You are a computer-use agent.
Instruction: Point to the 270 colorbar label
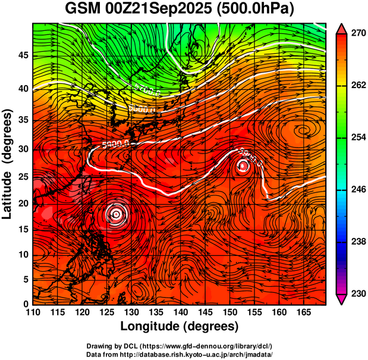[x=357, y=35]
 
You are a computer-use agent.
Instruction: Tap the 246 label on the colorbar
[x=357, y=190]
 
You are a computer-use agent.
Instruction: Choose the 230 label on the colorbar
[x=357, y=293]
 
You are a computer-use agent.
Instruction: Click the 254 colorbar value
[x=357, y=138]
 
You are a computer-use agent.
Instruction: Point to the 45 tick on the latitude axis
[x=22, y=55]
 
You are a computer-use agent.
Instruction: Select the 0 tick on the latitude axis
[x=25, y=305]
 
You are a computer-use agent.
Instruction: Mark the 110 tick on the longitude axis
[x=33, y=312]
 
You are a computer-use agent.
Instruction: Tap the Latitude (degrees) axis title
[x=8, y=164]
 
